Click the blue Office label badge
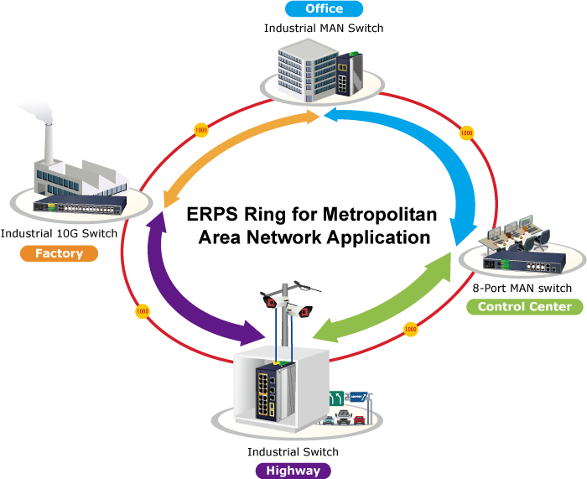tap(324, 9)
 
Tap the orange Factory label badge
tap(59, 253)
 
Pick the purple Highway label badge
tap(293, 470)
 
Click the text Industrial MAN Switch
tap(324, 28)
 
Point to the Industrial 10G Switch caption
tap(59, 232)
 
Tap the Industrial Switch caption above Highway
tap(293, 452)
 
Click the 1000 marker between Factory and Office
tap(200, 130)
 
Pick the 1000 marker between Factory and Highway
tap(142, 311)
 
